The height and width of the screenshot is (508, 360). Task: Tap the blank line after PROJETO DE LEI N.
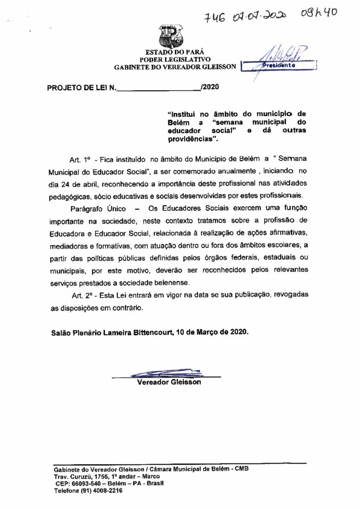click(x=158, y=89)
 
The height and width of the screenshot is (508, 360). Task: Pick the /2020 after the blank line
click(x=209, y=88)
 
